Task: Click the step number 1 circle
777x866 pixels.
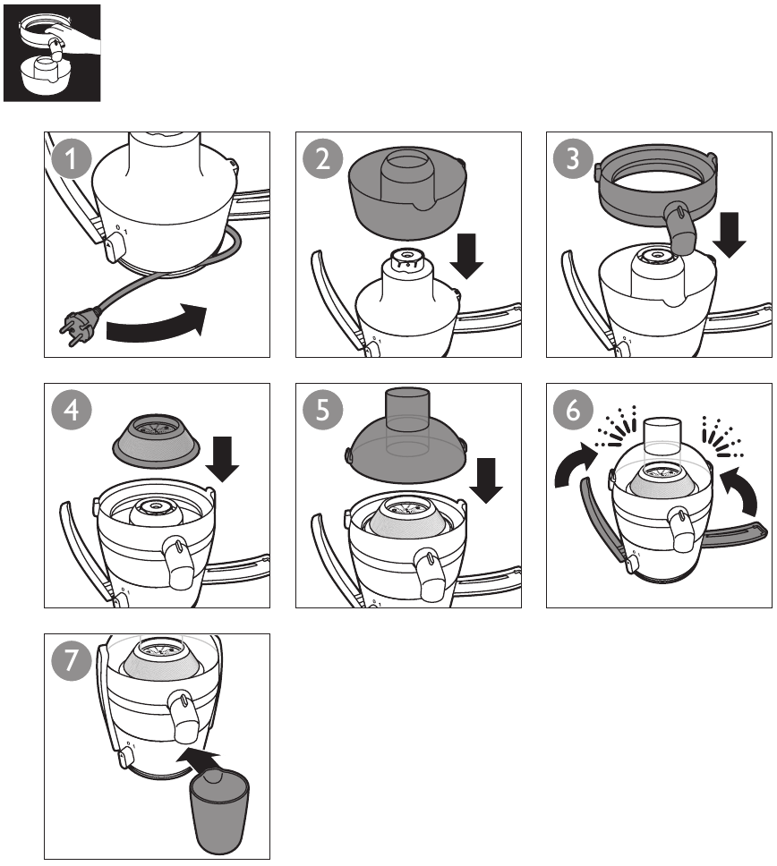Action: coord(71,158)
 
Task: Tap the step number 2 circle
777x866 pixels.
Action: coord(322,158)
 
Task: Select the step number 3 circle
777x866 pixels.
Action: coord(573,158)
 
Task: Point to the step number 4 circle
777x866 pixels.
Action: coord(71,411)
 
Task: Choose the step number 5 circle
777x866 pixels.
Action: coord(322,411)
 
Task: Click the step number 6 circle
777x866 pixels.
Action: coord(573,411)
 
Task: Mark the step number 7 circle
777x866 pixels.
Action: coord(71,660)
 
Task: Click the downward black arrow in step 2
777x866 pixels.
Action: coord(466,256)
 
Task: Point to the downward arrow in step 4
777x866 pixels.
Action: coord(222,459)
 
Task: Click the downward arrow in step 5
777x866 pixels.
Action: coord(486,480)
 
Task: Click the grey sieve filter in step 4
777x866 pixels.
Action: coord(156,439)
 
